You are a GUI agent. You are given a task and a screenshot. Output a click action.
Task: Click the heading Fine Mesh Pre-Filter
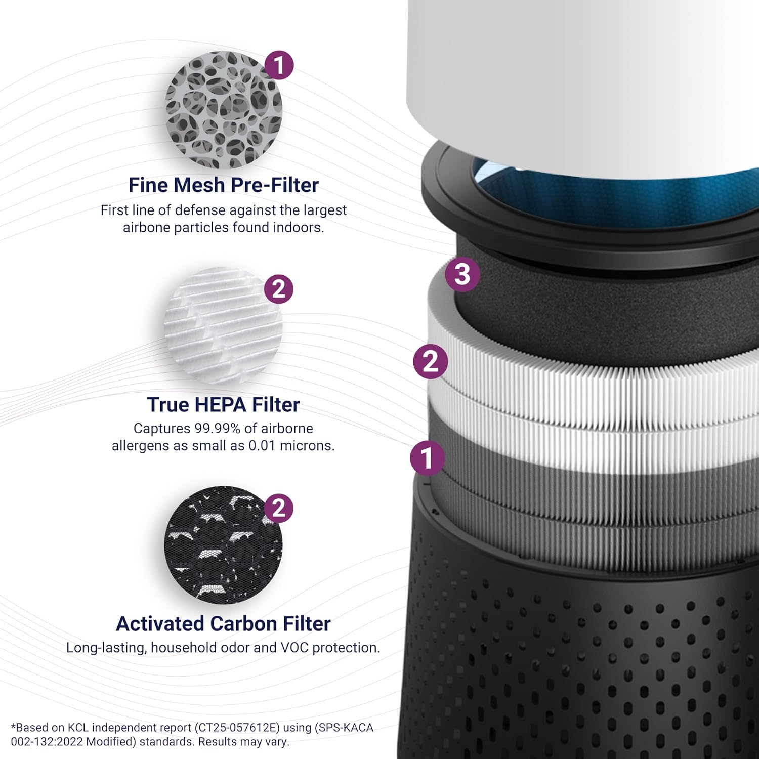pos(223,185)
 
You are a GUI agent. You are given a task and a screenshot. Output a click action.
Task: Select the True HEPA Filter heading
pos(223,405)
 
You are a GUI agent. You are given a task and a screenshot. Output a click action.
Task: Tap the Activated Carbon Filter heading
pos(223,624)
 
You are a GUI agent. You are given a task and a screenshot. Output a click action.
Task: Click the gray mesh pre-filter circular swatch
pos(223,110)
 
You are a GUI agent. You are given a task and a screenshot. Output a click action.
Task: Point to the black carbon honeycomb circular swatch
pos(223,545)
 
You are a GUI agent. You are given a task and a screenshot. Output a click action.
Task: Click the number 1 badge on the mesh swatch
pos(279,65)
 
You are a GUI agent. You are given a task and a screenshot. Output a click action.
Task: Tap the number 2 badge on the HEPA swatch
pos(279,289)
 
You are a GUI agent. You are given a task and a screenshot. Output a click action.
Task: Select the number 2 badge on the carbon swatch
pos(279,509)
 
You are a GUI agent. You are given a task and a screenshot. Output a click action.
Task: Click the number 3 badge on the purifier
pos(462,275)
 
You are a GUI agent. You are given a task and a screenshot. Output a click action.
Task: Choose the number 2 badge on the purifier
pos(431,362)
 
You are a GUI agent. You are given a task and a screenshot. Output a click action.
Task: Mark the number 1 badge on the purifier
pos(428,458)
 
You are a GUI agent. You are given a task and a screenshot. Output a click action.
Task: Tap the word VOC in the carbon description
pos(295,648)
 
